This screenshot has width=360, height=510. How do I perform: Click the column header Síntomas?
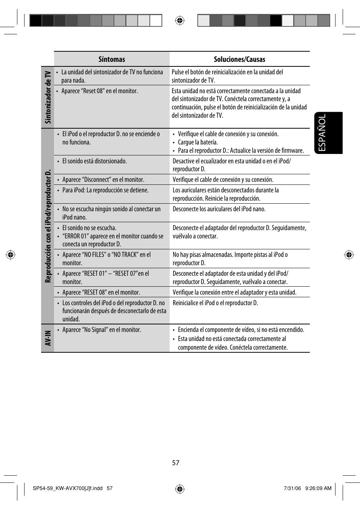112,59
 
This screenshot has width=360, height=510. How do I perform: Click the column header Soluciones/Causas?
239,59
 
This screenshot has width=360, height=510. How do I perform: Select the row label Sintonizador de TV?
48,97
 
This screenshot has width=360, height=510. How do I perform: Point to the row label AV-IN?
48,338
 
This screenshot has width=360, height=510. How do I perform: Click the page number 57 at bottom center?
176,463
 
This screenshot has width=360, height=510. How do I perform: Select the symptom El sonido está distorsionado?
94,161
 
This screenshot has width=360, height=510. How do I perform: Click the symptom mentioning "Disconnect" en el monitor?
103,180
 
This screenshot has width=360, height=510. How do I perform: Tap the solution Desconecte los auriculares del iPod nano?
219,209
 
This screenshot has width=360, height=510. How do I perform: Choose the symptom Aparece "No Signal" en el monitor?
102,330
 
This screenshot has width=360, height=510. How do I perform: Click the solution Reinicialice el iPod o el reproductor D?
215,303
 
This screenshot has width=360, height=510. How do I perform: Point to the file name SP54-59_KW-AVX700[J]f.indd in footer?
68,488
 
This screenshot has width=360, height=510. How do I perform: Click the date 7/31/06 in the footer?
292,488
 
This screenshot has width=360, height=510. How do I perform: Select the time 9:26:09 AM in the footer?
318,488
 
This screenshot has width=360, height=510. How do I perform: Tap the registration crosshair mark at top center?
180,20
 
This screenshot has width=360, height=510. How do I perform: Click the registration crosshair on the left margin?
11,255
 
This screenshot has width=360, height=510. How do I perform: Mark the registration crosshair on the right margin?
349,255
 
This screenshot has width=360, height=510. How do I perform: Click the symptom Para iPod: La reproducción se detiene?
105,190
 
